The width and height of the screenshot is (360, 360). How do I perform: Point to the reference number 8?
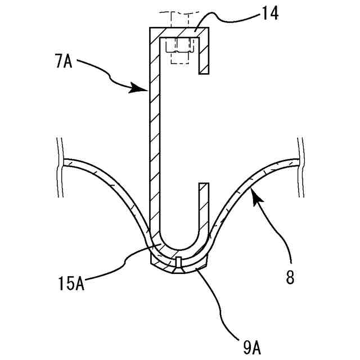pyautogui.click(x=290, y=278)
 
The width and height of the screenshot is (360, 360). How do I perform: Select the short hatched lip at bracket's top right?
pyautogui.click(x=205, y=56)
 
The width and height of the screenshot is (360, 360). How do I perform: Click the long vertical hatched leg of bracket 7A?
pyautogui.click(x=154, y=141)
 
